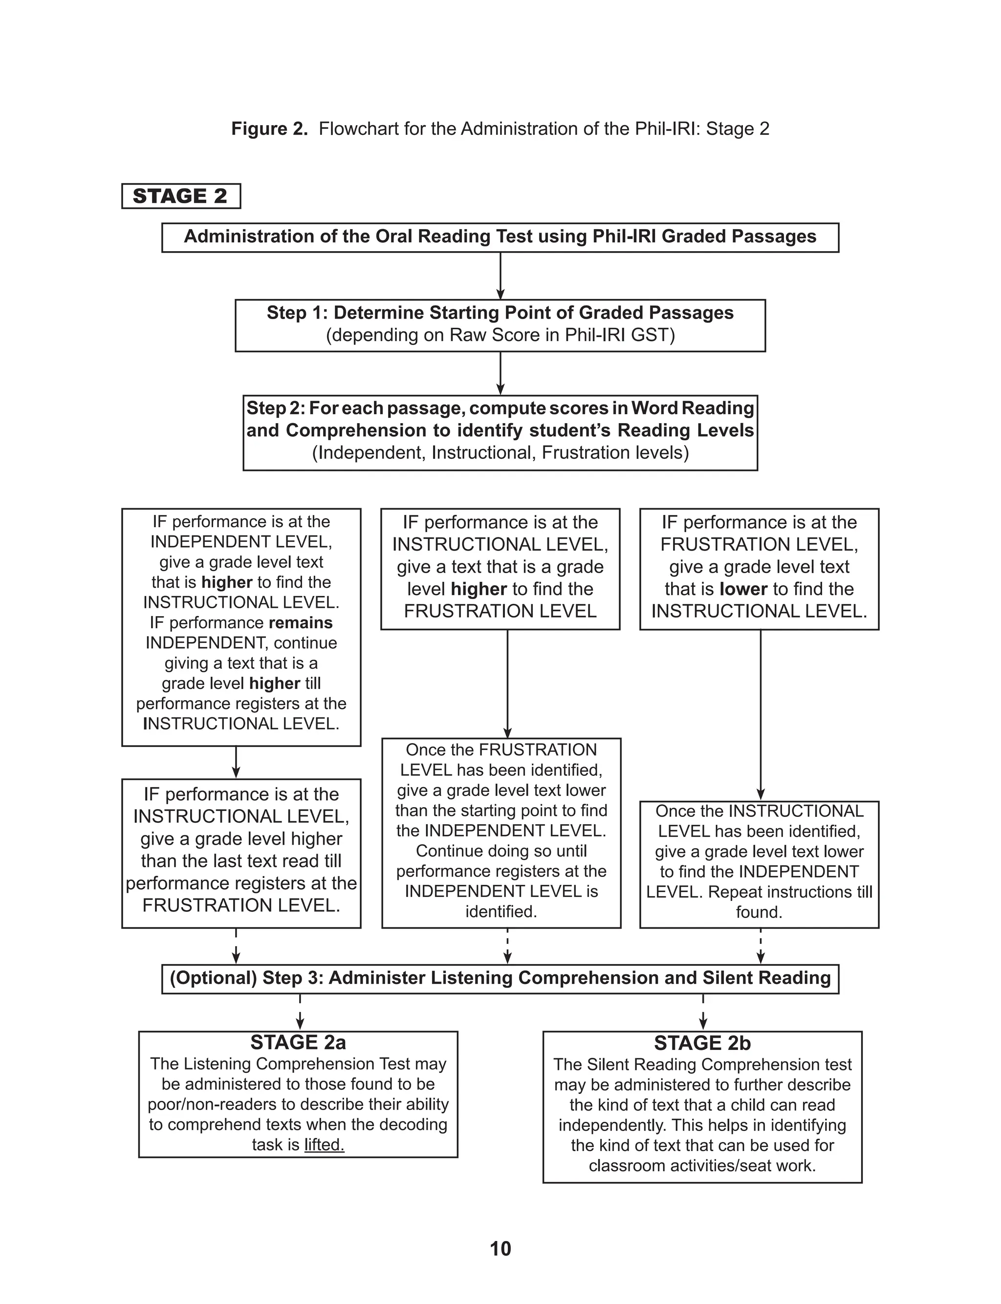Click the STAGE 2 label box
[180, 196]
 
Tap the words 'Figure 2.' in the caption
[269, 128]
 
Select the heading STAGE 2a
[298, 1043]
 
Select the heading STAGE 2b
[702, 1043]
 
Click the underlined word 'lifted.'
[324, 1144]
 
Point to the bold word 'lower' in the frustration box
[743, 589]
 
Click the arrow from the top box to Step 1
[500, 276]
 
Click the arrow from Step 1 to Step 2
[500, 373]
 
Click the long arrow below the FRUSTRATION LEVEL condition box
[761, 714]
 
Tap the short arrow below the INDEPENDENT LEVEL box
[236, 762]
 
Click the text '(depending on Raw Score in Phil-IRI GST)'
[500, 335]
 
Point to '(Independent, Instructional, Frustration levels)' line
[500, 453]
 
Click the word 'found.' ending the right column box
[759, 912]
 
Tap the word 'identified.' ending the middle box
[501, 912]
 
